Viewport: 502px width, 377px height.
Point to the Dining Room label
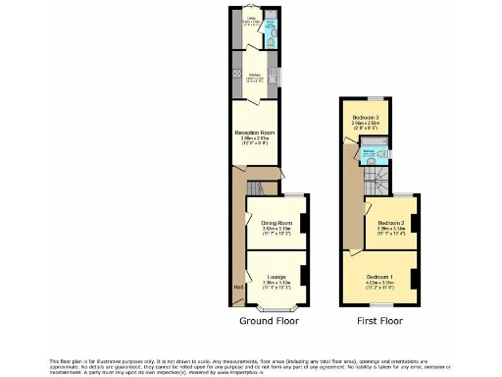(x=275, y=224)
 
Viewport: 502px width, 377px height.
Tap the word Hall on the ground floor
(x=238, y=287)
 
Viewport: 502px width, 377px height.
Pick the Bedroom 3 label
(x=367, y=118)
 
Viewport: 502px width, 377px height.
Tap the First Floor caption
(x=378, y=321)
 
